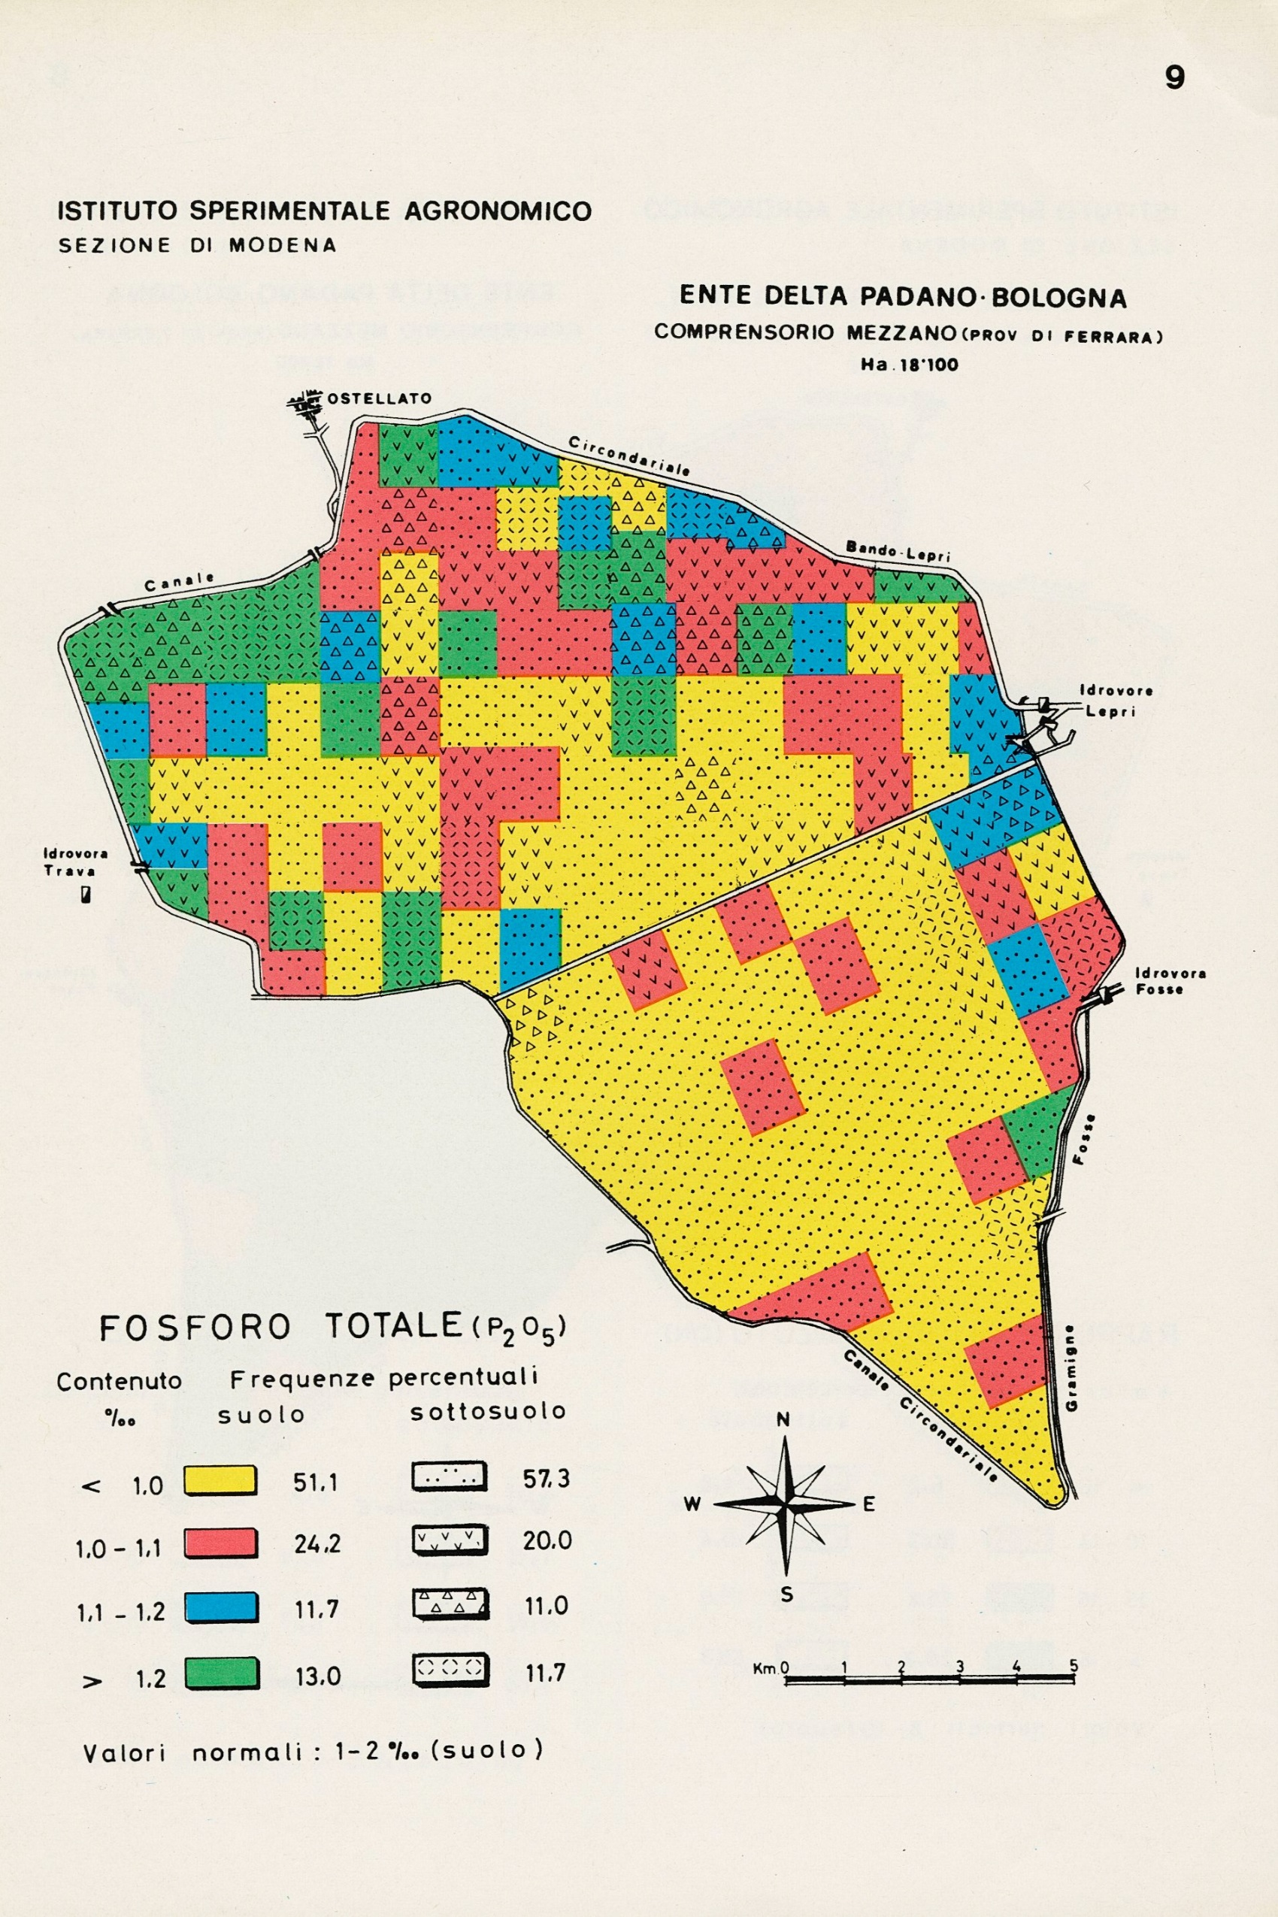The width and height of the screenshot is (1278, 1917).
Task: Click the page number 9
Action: (1174, 77)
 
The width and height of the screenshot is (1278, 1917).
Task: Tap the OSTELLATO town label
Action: (378, 398)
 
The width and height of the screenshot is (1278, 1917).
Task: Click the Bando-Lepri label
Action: (898, 551)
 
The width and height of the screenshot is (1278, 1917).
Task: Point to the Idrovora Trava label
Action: (75, 862)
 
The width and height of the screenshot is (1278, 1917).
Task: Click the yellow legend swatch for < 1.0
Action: (220, 1480)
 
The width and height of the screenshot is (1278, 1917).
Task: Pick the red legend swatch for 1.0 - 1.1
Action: (220, 1543)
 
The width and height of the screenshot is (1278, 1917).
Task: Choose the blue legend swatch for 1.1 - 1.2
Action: (220, 1608)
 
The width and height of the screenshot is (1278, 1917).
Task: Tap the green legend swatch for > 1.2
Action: (220, 1673)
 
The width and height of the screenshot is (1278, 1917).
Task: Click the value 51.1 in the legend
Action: (316, 1482)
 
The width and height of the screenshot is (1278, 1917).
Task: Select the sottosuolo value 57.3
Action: (546, 1478)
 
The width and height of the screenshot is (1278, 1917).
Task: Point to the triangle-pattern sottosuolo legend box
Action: (450, 1604)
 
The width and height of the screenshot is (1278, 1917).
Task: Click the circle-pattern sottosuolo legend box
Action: (450, 1668)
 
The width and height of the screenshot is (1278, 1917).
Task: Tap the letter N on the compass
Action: (783, 1421)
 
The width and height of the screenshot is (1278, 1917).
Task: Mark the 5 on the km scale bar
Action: (1074, 1666)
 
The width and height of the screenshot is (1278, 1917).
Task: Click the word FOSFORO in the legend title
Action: (195, 1329)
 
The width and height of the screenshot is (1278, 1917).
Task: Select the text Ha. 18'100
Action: (909, 365)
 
